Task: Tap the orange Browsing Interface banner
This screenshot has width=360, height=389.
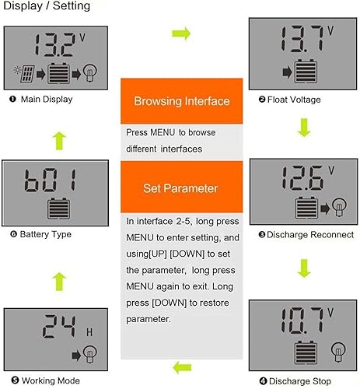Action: [x=182, y=101]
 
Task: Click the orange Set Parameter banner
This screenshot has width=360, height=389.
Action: [x=182, y=188]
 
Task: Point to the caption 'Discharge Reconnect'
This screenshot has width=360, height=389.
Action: [x=302, y=233]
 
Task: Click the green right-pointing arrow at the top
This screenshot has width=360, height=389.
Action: [x=181, y=33]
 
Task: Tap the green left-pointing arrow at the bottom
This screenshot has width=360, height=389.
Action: [x=181, y=366]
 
